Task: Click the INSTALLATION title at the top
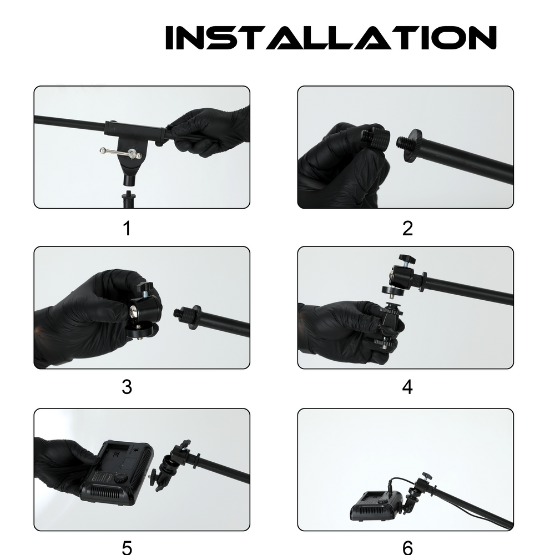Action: coord(331,38)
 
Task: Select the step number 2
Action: coord(407,228)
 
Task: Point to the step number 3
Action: coord(127,387)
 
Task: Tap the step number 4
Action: coord(407,387)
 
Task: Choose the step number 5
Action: coord(127,547)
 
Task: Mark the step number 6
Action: coord(407,547)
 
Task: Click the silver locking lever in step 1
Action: coord(120,153)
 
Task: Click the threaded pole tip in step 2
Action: coord(402,143)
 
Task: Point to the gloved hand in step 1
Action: coord(209,132)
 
